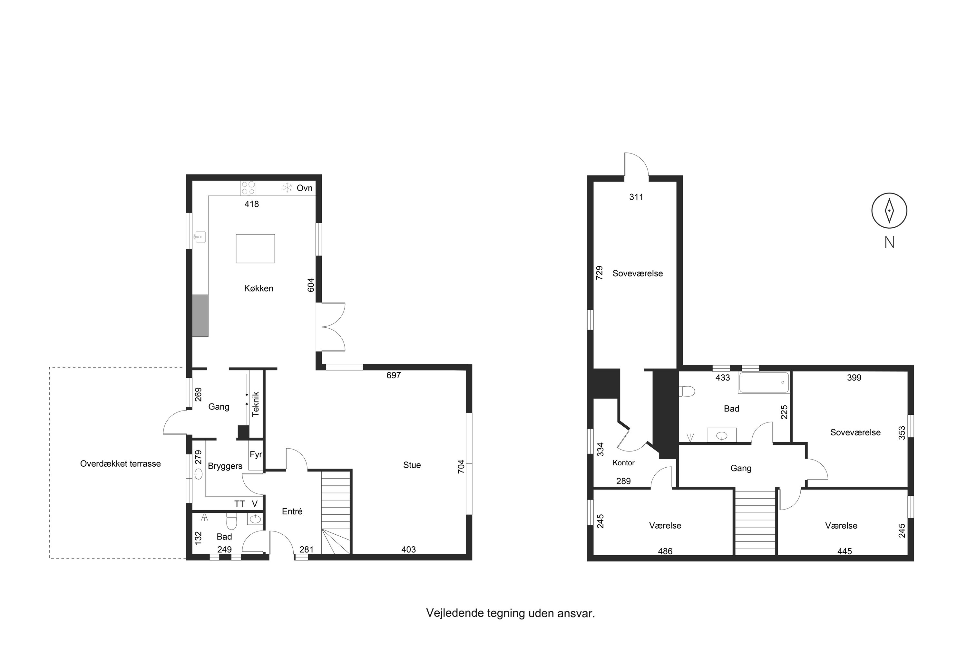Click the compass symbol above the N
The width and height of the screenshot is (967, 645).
889,211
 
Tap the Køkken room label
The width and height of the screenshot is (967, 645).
259,288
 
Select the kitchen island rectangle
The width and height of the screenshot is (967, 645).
255,248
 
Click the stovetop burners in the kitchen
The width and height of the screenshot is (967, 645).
248,188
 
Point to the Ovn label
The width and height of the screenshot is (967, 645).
305,188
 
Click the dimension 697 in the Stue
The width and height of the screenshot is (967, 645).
394,375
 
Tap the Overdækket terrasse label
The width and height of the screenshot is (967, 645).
121,464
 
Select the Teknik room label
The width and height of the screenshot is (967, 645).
256,404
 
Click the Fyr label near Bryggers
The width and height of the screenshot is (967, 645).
255,454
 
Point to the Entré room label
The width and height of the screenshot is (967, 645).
292,511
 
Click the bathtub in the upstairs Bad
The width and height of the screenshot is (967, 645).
764,382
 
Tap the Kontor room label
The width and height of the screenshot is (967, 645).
624,463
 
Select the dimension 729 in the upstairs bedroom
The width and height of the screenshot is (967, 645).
600,273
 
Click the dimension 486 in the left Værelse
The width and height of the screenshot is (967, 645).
665,551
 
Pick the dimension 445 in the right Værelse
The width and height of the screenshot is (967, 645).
845,551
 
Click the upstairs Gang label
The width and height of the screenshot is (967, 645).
741,468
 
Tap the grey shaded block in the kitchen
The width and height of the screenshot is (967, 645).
200,315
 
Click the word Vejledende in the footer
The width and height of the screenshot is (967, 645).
455,613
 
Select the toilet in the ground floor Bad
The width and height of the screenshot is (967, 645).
231,521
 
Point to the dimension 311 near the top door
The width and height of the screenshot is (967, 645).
636,197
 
